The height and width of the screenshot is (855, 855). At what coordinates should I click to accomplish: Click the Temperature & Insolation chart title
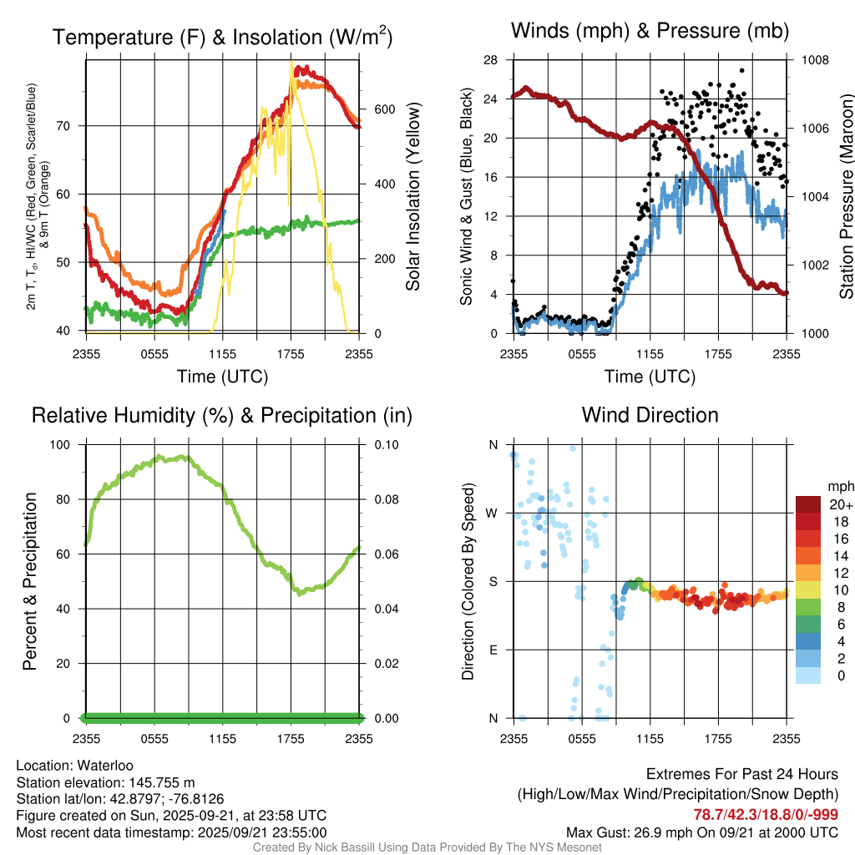tap(222, 37)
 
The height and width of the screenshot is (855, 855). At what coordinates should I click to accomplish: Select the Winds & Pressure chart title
tap(650, 32)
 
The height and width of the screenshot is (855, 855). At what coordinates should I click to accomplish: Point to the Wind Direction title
tap(650, 415)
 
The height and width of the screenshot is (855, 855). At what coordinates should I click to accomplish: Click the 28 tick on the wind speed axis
tap(490, 60)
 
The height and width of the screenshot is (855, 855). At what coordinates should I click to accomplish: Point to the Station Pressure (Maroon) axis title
tap(845, 196)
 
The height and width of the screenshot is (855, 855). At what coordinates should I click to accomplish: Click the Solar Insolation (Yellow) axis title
tap(412, 196)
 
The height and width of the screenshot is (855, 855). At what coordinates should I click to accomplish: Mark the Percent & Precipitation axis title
tap(30, 581)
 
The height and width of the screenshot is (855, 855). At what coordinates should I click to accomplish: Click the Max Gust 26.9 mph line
tap(702, 832)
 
